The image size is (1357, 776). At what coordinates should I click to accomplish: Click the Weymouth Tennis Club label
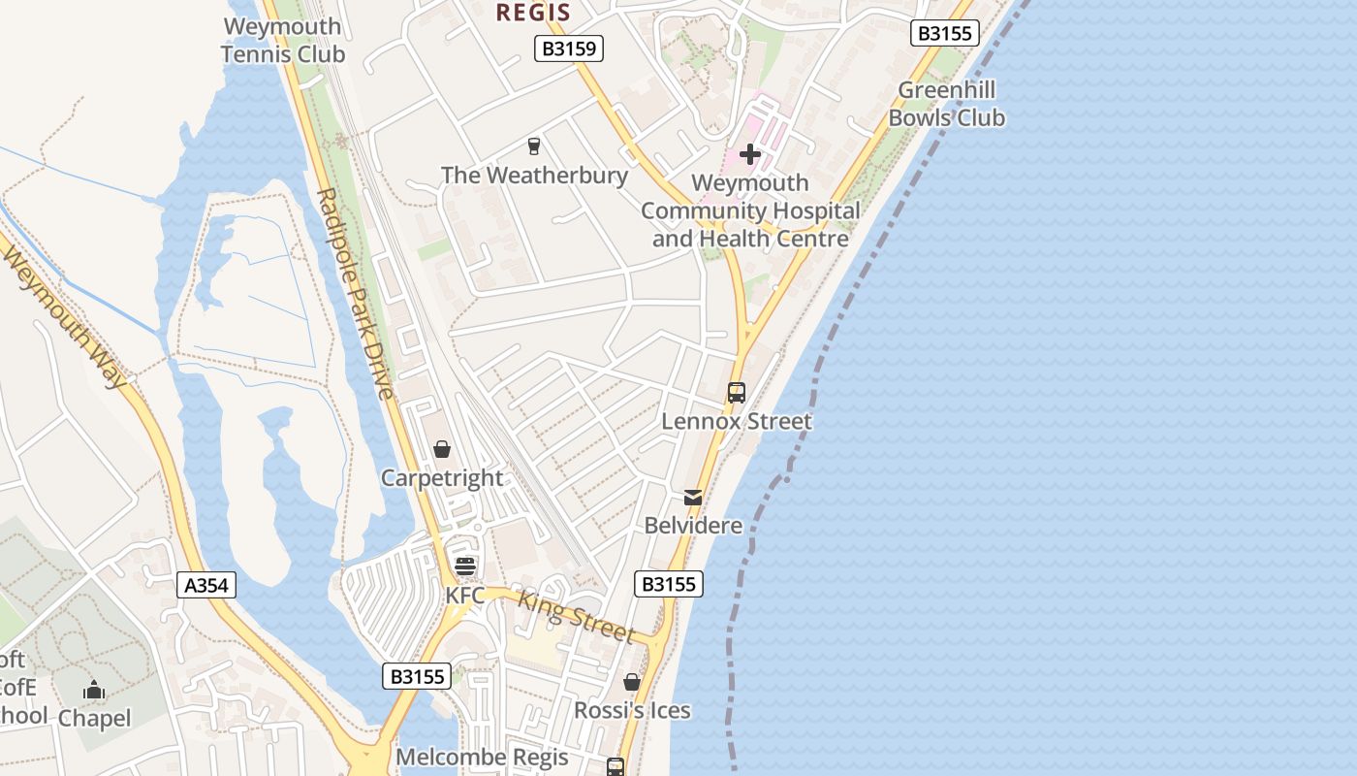(x=282, y=40)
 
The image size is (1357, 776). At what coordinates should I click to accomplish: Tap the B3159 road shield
(x=569, y=48)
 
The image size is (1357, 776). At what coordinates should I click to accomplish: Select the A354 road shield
(x=207, y=585)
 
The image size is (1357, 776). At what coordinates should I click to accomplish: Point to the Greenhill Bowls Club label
(x=946, y=104)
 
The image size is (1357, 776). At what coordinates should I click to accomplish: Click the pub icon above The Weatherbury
(x=533, y=146)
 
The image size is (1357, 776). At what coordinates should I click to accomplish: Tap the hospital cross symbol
(x=750, y=154)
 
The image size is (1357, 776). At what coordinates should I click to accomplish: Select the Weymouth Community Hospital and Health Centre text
(x=750, y=210)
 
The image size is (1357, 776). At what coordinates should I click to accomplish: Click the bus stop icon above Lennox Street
(x=737, y=393)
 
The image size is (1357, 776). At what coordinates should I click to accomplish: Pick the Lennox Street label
(x=737, y=421)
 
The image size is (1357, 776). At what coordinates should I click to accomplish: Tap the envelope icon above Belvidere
(x=693, y=498)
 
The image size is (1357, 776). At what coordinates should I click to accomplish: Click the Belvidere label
(x=693, y=526)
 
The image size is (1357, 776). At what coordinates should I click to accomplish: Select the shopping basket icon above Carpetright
(x=442, y=449)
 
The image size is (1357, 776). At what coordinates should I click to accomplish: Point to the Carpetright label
(x=442, y=478)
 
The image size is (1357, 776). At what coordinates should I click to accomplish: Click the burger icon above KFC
(x=465, y=566)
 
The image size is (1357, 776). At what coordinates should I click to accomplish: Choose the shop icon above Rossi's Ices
(x=632, y=682)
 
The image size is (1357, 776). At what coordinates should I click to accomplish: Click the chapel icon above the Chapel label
(x=94, y=691)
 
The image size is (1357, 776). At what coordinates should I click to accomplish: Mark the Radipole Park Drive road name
(x=355, y=294)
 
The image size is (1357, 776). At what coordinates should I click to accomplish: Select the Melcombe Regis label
(x=482, y=757)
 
